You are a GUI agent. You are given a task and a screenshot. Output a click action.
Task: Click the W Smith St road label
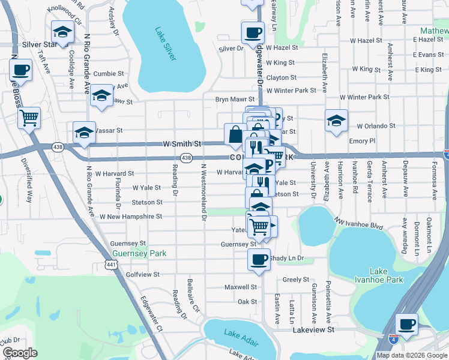tap(181, 145)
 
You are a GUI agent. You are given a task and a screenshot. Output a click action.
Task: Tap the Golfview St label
tap(142, 274)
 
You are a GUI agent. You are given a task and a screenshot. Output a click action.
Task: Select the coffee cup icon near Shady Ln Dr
tap(259, 260)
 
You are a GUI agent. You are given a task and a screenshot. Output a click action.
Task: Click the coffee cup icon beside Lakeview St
tap(407, 324)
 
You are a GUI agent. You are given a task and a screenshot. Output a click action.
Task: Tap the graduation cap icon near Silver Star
tap(62, 32)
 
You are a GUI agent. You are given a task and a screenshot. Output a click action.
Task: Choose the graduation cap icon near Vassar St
tap(84, 133)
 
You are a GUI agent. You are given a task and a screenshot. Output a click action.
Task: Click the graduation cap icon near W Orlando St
tap(336, 120)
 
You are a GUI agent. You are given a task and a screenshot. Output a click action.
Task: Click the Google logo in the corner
tap(20, 353)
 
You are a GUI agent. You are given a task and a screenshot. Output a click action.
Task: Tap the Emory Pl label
tap(362, 141)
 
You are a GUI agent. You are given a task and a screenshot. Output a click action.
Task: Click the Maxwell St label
tap(241, 287)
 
